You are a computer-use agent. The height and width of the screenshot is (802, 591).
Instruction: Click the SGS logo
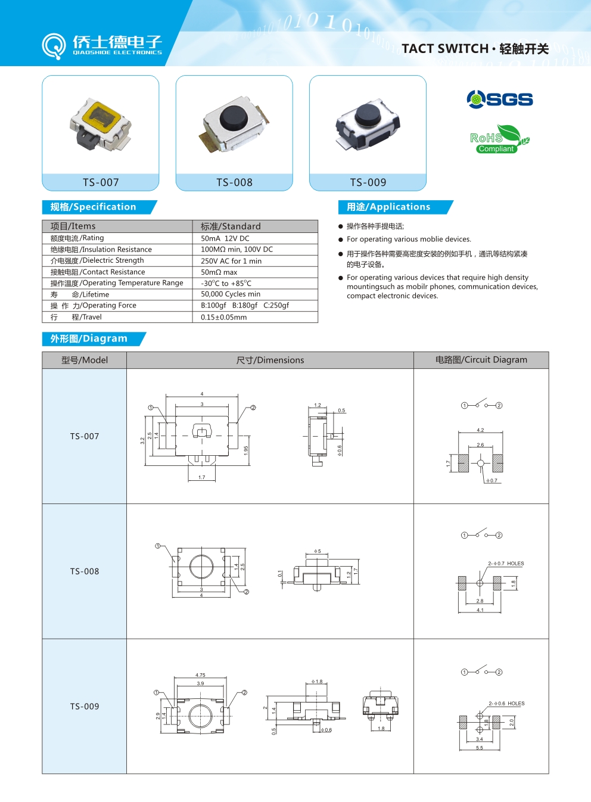coord(500,99)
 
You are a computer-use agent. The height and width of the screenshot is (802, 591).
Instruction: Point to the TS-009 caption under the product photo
coord(368,182)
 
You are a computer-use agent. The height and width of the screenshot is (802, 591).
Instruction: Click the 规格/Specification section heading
coord(94,207)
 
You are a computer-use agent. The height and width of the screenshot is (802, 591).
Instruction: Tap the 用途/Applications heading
coord(388,207)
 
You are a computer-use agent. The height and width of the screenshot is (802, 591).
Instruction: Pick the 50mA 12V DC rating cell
coord(225,238)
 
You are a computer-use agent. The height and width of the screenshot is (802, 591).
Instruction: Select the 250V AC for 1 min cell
coord(231,261)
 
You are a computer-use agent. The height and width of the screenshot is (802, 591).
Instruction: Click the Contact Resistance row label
coord(98,272)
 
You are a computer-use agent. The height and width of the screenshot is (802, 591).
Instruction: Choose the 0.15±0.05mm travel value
coord(223,317)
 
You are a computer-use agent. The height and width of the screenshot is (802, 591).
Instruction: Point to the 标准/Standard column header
coord(231,226)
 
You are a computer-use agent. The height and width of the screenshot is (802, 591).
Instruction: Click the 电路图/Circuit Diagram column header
coord(481,360)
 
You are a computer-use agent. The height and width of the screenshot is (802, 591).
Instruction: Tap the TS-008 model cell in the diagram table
coord(85,571)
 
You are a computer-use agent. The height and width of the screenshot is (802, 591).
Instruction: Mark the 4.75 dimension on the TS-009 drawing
coord(200,675)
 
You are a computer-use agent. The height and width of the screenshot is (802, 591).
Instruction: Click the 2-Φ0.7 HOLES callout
coord(506,563)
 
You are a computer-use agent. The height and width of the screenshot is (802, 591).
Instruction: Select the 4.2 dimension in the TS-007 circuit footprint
coord(480,430)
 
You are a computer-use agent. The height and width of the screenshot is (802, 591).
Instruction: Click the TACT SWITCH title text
coord(445,49)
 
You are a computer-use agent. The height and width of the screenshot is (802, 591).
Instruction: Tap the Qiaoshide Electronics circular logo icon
coord(54,45)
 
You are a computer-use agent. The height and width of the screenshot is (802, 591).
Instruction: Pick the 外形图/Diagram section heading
coord(89,338)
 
